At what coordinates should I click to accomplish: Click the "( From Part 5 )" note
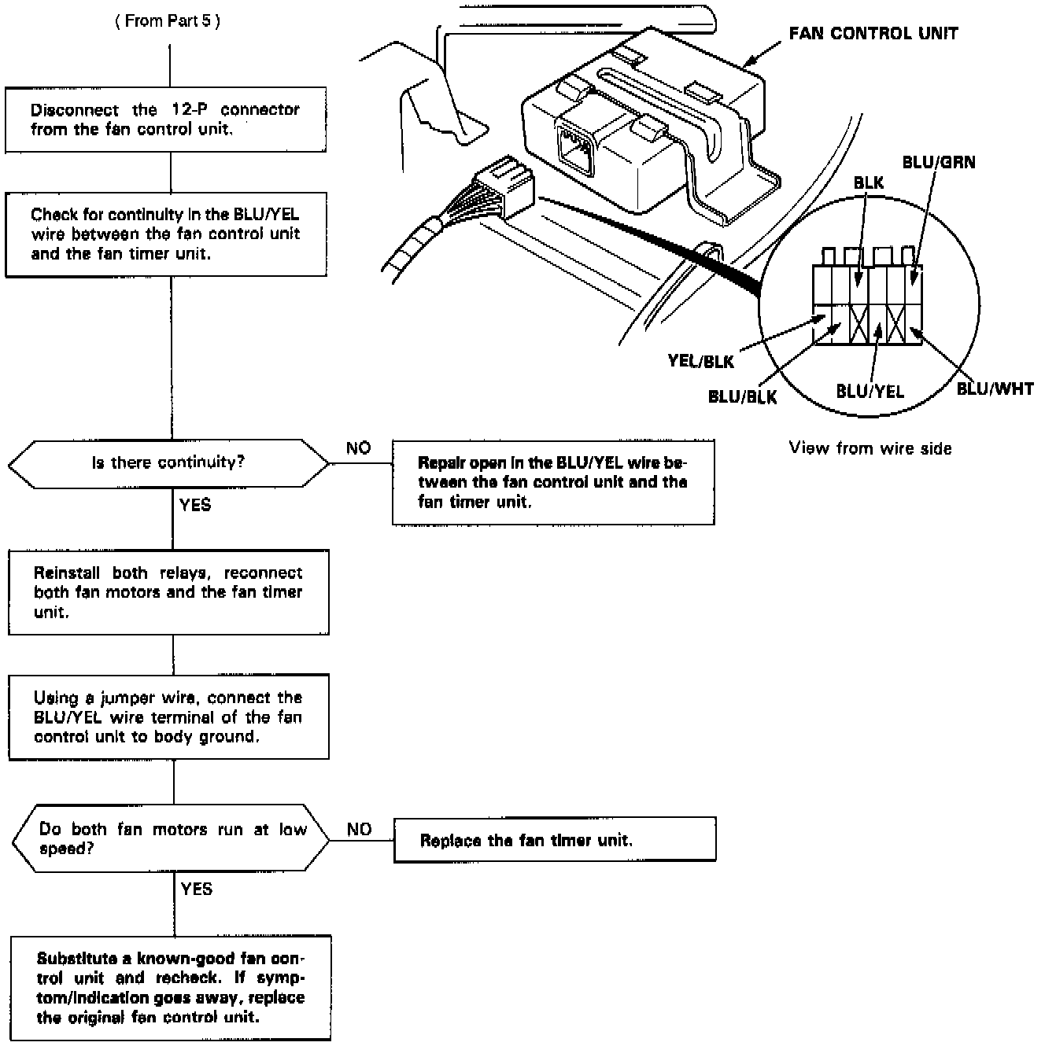click(x=167, y=22)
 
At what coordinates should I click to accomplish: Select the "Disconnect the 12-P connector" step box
click(x=166, y=120)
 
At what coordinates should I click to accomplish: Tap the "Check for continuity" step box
click(x=166, y=234)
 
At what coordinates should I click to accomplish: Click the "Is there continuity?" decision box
click(x=168, y=463)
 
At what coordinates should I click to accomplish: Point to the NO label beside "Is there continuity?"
click(x=358, y=448)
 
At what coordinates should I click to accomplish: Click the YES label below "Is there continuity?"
click(x=195, y=505)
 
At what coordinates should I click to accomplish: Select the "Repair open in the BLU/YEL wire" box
click(x=553, y=482)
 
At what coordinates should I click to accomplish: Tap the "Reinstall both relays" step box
click(x=168, y=592)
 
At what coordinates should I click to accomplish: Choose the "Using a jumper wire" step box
click(x=168, y=716)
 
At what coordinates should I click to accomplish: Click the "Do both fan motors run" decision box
click(x=172, y=839)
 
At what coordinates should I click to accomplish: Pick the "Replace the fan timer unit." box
click(x=554, y=840)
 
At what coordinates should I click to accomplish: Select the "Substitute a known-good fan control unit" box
click(x=171, y=988)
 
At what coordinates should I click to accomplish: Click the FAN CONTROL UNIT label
click(x=873, y=34)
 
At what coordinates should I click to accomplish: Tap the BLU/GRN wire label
click(x=939, y=163)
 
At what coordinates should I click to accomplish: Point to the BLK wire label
click(x=869, y=183)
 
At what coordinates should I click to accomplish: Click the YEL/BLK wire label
click(x=700, y=362)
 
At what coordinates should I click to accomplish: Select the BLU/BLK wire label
click(x=742, y=396)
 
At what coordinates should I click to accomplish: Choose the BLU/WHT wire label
click(x=995, y=389)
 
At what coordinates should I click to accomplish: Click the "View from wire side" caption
click(x=870, y=449)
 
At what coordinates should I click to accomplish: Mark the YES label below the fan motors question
click(x=197, y=889)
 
